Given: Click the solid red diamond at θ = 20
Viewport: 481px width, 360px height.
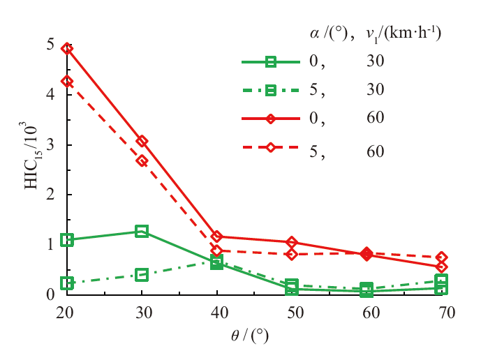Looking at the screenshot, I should pos(67,49).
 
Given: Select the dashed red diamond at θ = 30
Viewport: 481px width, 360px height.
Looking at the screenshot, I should pos(142,160).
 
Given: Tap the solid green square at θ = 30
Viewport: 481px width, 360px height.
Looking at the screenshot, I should pos(142,231).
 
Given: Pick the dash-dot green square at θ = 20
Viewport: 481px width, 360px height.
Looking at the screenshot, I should pos(67,283).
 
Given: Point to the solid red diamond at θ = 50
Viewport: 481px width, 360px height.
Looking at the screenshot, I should pos(291,242).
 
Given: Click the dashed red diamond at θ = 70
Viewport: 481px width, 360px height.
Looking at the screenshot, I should pos(441,257).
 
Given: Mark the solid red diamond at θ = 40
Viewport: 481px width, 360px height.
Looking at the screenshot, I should pos(216,237).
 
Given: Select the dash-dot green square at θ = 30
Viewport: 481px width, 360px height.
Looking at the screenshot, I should pos(142,275).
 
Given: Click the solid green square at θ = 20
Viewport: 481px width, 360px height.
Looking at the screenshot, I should pos(67,240).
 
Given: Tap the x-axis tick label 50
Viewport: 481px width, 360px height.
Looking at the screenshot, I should pos(291,313).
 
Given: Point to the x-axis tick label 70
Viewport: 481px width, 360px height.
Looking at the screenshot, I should pos(441,313).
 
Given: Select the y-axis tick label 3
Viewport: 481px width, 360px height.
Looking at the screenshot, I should pos(50,145).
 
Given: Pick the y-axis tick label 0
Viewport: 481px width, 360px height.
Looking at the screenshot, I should pos(50,294).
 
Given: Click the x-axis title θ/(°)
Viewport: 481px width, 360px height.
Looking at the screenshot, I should pos(249,336).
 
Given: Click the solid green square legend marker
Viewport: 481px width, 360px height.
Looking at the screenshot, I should pos(271,62).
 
